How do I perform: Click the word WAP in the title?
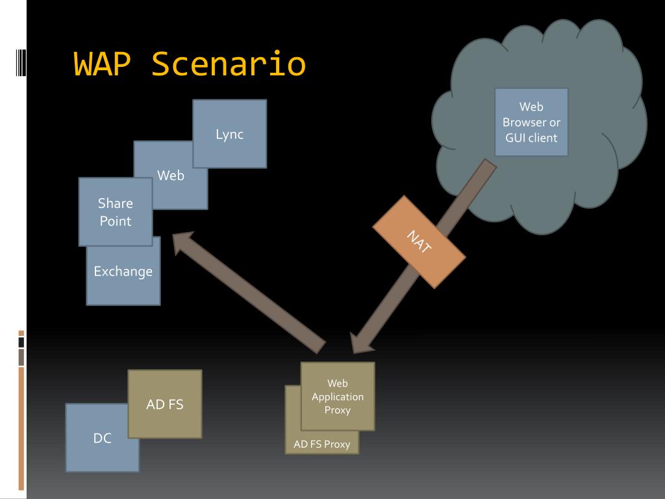point(102,64)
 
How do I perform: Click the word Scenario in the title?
point(229,64)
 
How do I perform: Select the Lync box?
point(230,134)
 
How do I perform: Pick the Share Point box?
point(116,212)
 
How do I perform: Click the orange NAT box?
point(419,242)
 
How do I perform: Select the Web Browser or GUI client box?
point(531,122)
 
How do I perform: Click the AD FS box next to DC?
point(165,404)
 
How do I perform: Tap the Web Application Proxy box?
point(338,396)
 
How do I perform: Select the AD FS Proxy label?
point(322,444)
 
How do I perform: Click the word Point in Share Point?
point(116,221)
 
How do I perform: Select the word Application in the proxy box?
point(338,397)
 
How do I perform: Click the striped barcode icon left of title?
point(21,63)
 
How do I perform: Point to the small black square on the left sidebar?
point(21,342)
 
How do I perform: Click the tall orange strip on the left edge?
point(21,429)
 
